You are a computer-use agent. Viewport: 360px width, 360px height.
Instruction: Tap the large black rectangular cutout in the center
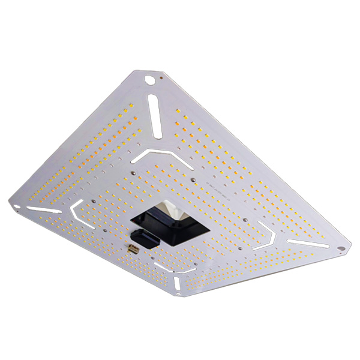pyautogui.click(x=171, y=222)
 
